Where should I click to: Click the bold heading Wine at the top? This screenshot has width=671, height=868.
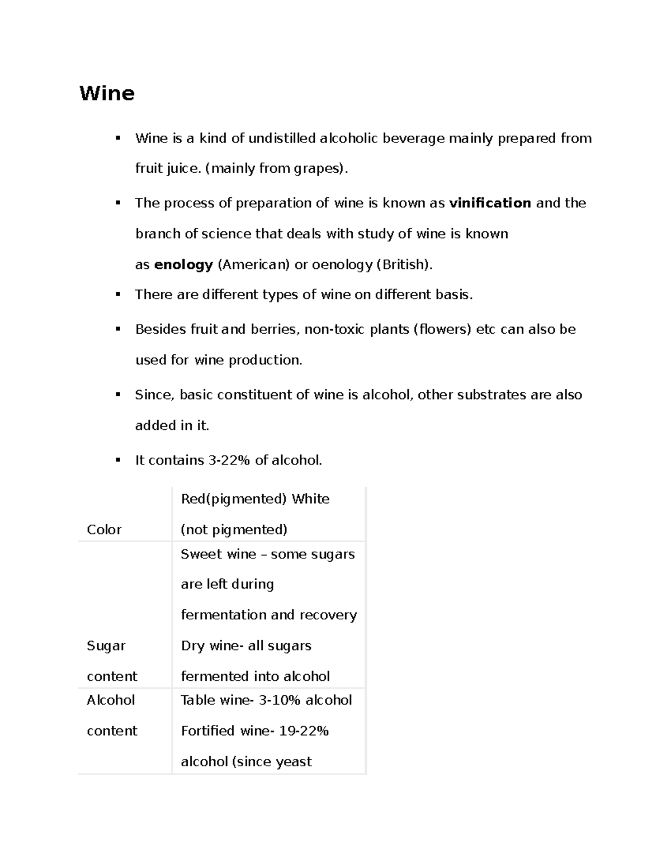107,93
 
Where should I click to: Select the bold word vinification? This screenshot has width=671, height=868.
490,203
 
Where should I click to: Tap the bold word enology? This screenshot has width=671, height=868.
183,264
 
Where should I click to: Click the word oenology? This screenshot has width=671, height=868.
342,264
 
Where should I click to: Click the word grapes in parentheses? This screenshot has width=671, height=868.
318,168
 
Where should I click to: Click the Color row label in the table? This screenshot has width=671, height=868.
104,529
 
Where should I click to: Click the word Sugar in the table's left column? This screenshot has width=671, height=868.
106,646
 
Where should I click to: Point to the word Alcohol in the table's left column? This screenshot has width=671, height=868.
111,700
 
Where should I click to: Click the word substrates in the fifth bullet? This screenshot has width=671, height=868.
492,395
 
